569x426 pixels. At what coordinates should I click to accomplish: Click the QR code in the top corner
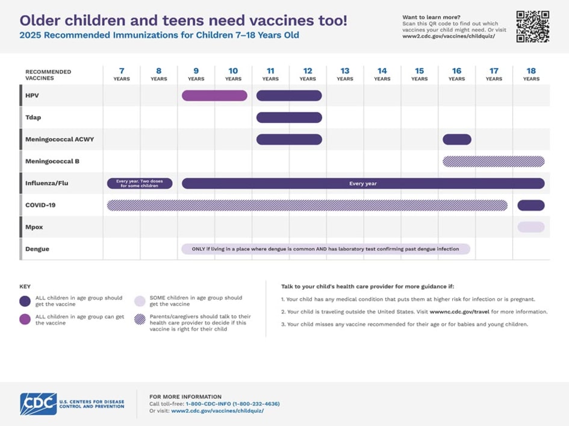532,27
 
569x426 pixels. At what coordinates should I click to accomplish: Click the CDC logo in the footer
39,403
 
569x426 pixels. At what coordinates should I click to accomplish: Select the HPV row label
32,95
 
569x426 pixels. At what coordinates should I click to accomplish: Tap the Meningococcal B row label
52,161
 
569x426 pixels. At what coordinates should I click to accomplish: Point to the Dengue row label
37,249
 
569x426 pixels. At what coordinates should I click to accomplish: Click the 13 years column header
345,74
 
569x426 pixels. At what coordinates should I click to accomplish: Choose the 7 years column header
122,74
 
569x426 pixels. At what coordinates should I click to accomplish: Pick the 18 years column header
531,74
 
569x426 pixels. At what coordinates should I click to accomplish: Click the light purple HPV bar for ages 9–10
214,95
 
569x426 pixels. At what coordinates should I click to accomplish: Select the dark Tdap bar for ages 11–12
289,117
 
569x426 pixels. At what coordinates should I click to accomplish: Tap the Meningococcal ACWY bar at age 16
457,139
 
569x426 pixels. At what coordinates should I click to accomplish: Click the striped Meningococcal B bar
494,161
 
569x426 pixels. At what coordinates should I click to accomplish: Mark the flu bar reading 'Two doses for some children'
140,183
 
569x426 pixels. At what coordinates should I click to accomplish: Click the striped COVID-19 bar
307,205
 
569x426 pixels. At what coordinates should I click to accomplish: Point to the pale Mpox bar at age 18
531,227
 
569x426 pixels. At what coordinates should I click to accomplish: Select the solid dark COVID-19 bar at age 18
531,205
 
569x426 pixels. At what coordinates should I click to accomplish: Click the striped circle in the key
140,319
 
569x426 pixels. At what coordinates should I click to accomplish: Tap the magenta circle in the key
25,319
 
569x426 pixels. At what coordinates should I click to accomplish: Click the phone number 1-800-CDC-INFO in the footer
232,404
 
